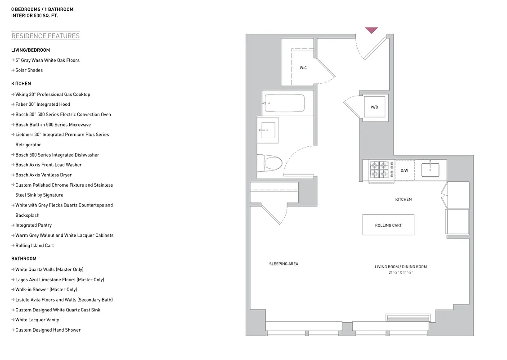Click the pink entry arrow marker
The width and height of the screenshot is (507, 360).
coord(371,30)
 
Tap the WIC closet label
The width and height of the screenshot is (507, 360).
coord(303,68)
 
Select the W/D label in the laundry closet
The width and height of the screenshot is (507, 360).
coord(374,107)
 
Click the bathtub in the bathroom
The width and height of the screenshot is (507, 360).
coord(284,103)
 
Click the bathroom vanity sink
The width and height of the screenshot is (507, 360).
coord(268,130)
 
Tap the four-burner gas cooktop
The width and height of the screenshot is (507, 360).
coord(379,170)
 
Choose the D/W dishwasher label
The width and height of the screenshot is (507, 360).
coord(404,171)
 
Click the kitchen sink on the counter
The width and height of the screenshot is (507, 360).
coord(430,170)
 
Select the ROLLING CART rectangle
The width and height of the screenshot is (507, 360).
coord(388,225)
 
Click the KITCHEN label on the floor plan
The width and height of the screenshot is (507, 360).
coord(404,199)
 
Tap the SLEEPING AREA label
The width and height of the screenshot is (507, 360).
coord(283,264)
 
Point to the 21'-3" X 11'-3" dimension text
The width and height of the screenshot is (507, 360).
coord(400,273)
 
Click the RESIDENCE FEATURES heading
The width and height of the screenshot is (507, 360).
coord(45,36)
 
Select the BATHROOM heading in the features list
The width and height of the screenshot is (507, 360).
coord(24,259)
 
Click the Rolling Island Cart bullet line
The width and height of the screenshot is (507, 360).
coord(34,245)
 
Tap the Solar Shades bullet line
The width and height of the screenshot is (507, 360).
coord(29,70)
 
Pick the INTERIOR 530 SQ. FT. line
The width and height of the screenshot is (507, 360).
coord(35,15)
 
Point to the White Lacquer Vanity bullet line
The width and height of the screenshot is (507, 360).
coord(37,320)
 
